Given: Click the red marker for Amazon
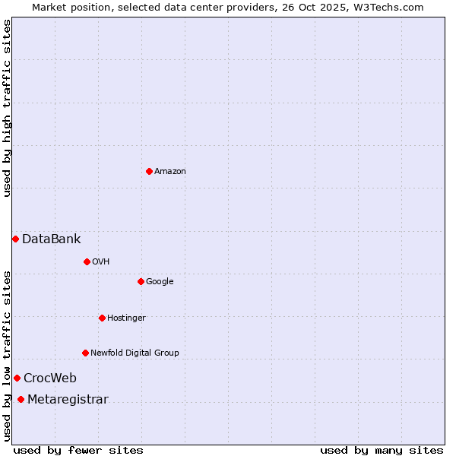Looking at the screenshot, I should click(x=149, y=171).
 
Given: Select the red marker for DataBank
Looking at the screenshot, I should click(x=15, y=239).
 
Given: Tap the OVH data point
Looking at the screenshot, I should click(x=87, y=261).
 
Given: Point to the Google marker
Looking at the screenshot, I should click(x=141, y=281).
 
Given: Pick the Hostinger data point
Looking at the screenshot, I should click(x=102, y=318).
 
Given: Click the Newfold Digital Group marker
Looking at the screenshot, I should click(x=85, y=353).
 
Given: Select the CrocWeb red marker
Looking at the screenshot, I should click(x=17, y=378).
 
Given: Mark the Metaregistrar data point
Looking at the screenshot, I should click(x=21, y=400).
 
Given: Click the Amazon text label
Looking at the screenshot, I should click(x=170, y=172).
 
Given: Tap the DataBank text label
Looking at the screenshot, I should click(x=51, y=239).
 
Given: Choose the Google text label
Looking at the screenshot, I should click(x=160, y=282).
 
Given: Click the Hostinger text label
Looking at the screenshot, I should click(x=126, y=318).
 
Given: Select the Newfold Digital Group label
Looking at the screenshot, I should click(x=135, y=353).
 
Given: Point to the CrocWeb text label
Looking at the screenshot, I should click(x=49, y=378).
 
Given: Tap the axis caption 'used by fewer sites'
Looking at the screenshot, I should click(x=78, y=451).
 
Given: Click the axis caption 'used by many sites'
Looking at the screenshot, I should click(x=381, y=451).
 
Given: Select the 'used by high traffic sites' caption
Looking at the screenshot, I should click(x=7, y=108).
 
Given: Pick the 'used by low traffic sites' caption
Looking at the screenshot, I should click(x=7, y=356).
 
